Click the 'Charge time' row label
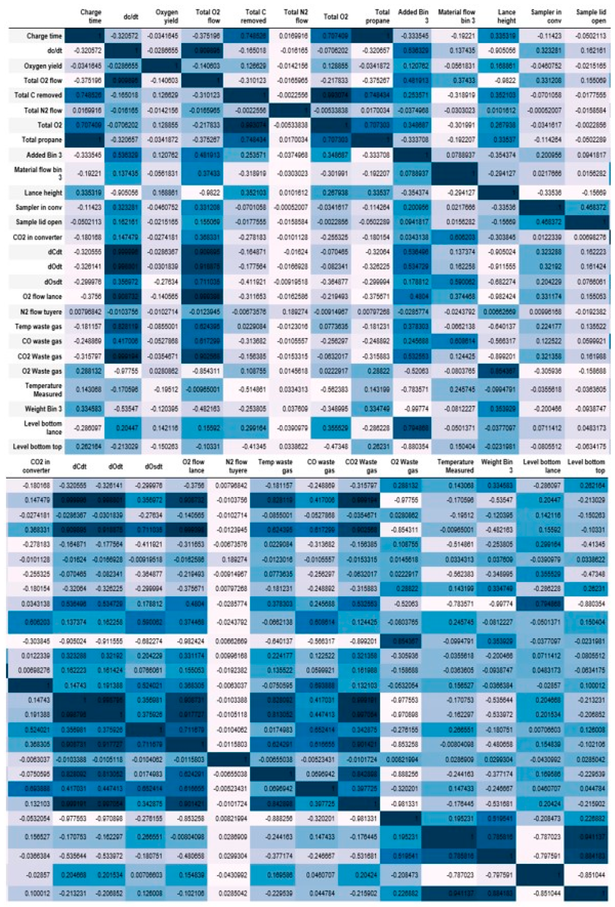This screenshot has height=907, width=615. point(44,36)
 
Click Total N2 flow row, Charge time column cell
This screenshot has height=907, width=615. point(85,111)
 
